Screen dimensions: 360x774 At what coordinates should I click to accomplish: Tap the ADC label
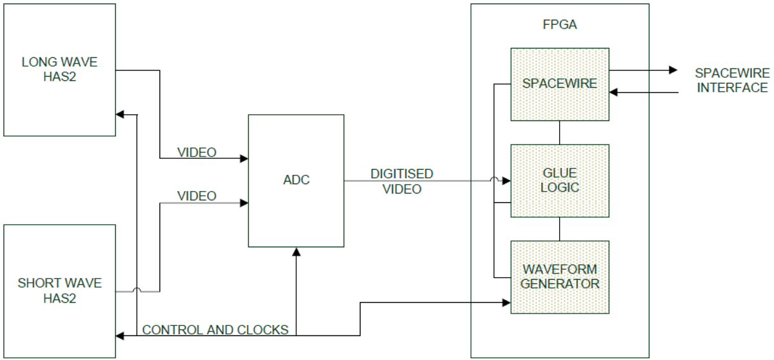point(296,180)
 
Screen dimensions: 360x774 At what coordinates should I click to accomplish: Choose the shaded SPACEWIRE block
point(560,84)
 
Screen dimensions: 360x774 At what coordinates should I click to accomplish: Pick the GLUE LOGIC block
point(560,181)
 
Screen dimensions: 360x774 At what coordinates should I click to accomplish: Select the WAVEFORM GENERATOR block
point(560,276)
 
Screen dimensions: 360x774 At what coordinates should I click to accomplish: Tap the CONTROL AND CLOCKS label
point(215,330)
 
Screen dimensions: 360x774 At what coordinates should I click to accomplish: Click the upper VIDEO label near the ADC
point(197,153)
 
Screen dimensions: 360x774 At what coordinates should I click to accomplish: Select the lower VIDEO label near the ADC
point(197,195)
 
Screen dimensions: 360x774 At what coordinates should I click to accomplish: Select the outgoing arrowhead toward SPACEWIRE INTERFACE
point(673,70)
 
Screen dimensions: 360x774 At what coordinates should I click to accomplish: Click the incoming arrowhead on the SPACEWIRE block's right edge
point(614,92)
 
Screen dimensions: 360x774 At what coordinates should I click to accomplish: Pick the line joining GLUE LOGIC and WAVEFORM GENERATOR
point(560,229)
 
